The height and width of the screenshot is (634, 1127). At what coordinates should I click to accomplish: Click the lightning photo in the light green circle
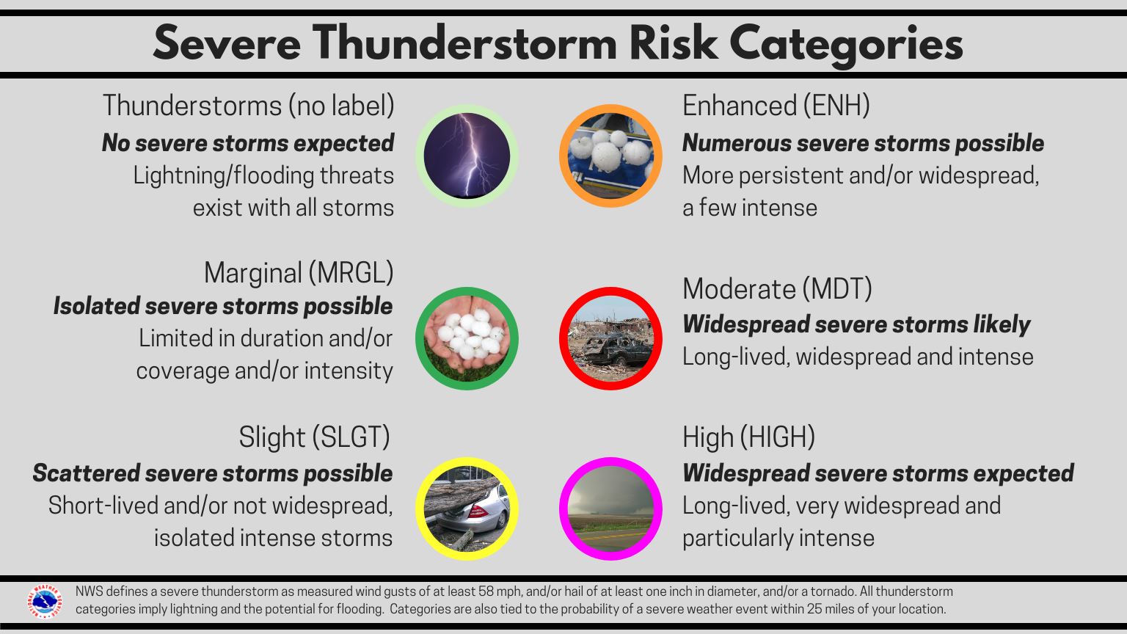coord(467,156)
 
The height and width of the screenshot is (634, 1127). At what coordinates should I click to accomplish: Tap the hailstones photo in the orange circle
coord(610,156)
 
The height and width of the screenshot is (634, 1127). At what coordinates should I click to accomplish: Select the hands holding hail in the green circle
coord(467,338)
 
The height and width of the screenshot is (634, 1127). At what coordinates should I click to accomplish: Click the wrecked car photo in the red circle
coord(610,338)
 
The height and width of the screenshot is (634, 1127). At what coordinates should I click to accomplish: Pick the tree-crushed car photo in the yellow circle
coord(467,509)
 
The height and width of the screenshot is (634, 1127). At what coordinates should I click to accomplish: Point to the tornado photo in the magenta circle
coord(610,509)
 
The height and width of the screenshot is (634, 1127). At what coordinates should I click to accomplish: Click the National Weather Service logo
coord(45,601)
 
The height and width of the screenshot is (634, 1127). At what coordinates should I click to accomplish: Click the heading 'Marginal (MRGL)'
coord(298,273)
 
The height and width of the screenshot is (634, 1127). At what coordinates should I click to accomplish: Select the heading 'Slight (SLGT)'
coord(314,437)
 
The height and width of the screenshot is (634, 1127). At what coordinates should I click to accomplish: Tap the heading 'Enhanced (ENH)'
coord(776,106)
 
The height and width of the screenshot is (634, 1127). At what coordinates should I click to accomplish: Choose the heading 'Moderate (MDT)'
coord(777,289)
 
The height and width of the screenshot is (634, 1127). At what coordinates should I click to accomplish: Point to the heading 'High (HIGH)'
coord(748,437)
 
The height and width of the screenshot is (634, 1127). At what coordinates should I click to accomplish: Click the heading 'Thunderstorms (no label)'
coord(248,106)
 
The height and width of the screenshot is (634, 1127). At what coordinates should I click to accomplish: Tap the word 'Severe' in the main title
coord(227,44)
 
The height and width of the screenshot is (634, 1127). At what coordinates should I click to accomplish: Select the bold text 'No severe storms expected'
coord(248,143)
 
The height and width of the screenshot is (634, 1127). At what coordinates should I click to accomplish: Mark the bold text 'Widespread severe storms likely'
coord(856,324)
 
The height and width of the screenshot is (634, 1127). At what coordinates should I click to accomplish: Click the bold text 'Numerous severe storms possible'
coord(863,143)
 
